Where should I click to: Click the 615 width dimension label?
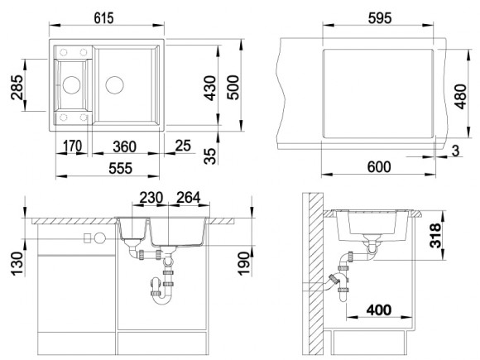click(103, 17)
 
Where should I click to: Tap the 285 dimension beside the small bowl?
click(17, 87)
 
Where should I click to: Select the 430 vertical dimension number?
click(210, 89)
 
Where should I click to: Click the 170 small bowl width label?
click(72, 146)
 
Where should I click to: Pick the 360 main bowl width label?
click(125, 146)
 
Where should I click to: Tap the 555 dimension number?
click(121, 168)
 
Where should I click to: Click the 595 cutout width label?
click(380, 18)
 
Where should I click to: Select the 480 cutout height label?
click(460, 97)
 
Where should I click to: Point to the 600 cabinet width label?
click(379, 167)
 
